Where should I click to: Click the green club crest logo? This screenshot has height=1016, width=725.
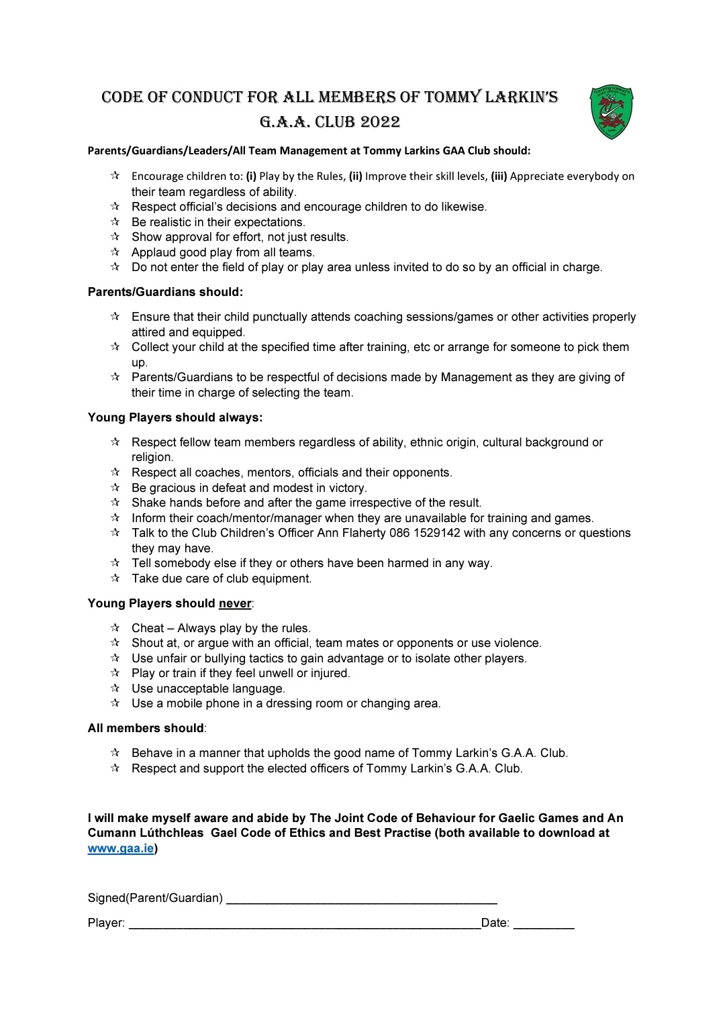tap(612, 111)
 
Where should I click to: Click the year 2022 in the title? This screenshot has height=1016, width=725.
tap(380, 122)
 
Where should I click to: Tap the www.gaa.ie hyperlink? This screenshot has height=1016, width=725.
tap(121, 848)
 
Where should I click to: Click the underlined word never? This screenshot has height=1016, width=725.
tap(235, 603)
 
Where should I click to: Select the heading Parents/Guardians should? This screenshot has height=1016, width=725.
tap(165, 292)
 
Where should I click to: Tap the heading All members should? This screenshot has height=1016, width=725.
tap(146, 728)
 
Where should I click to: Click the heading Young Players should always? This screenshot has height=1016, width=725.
tap(175, 417)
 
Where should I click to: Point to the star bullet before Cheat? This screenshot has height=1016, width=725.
tap(115, 627)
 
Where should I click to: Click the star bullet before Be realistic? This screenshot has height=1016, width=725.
tap(115, 221)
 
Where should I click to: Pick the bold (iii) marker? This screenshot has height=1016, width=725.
tap(499, 176)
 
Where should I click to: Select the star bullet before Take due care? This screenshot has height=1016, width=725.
tap(115, 578)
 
